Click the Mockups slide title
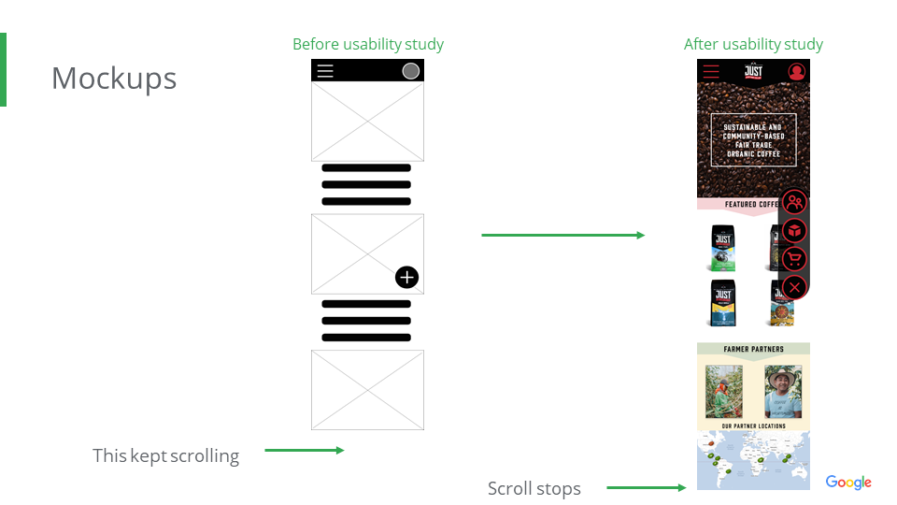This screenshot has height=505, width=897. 113,79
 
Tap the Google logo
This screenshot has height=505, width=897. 847,483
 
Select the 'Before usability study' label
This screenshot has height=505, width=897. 367,44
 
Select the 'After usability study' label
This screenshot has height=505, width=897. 753,44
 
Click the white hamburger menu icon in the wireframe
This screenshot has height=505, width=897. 324,71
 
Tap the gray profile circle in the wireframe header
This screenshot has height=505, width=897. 410,71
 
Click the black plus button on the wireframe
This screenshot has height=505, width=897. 406,277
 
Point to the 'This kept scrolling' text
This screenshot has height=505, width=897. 165,456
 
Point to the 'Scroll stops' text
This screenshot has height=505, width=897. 534,489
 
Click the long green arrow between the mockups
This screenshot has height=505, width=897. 562,235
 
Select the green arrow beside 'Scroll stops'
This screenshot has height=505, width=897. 646,487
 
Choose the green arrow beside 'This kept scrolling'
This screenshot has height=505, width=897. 304,450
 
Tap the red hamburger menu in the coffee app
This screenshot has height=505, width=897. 711,71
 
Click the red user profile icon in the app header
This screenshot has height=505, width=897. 796,71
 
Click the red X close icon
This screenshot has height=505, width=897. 794,287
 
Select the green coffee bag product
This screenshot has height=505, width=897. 721,248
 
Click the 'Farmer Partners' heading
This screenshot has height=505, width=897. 753,350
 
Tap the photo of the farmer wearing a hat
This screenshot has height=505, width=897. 783,391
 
